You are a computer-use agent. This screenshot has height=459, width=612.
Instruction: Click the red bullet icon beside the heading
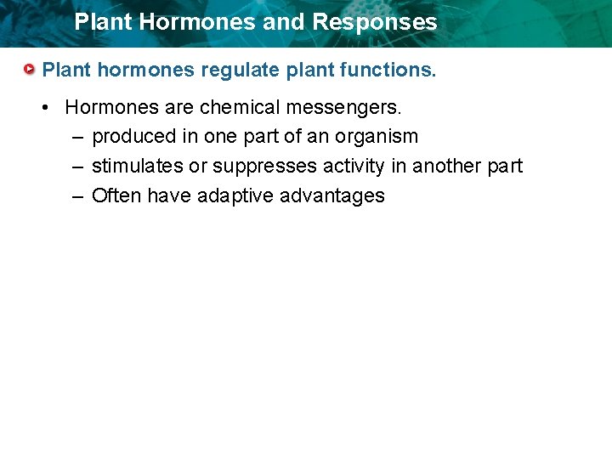coord(31,69)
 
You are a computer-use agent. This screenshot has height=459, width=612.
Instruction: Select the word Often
coord(116,195)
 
